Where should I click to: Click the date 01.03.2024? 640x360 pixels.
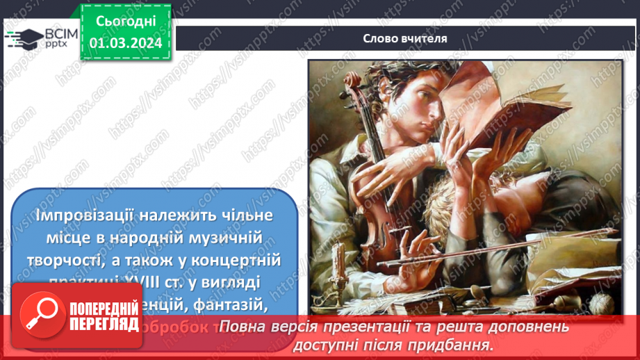tap(125, 43)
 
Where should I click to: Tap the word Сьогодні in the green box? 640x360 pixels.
tap(125, 22)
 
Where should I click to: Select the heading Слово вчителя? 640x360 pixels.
tap(404, 38)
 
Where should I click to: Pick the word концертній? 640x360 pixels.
tap(239, 261)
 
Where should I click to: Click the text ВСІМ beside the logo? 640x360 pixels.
tap(60, 34)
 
